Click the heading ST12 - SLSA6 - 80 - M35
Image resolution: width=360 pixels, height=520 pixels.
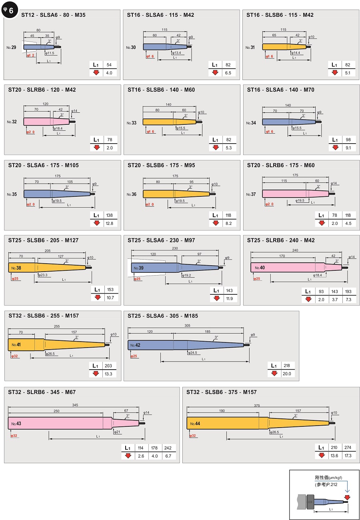click(x=53, y=15)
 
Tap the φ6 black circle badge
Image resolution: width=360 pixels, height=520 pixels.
click(x=9, y=10)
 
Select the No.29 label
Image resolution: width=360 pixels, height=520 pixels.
click(x=12, y=48)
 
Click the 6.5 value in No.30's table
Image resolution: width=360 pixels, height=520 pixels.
click(x=228, y=73)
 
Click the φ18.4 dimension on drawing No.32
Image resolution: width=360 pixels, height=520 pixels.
click(x=58, y=128)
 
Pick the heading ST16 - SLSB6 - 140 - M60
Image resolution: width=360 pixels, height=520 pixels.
click(x=161, y=90)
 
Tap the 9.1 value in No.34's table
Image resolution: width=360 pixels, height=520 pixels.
click(x=348, y=148)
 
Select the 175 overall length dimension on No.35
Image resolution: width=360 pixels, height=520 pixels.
click(x=58, y=176)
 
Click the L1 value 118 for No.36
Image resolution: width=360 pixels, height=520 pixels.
click(x=228, y=215)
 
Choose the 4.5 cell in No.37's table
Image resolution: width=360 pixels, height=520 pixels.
click(x=348, y=223)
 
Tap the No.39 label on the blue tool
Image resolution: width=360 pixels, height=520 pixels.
click(x=138, y=268)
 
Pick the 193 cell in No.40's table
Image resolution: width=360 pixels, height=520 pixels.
click(x=348, y=292)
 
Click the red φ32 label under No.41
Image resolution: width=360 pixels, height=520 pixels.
click(x=14, y=356)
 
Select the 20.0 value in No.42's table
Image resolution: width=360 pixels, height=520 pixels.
click(x=287, y=374)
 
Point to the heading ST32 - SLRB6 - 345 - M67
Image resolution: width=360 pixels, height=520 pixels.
click(x=42, y=392)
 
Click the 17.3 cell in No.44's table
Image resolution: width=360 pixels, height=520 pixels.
click(x=348, y=456)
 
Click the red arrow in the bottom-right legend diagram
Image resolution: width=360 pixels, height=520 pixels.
click(x=347, y=497)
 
